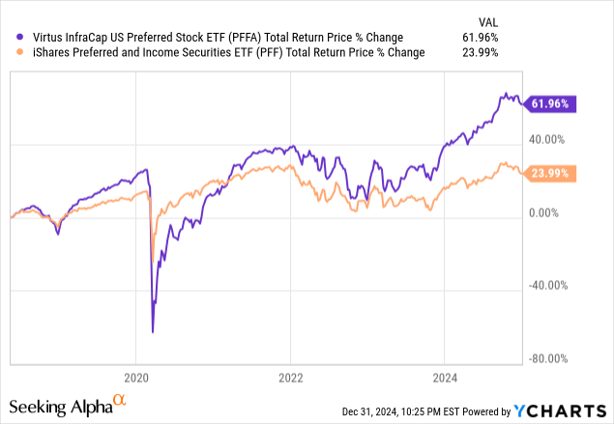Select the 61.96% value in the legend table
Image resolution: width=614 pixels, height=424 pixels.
click(x=479, y=38)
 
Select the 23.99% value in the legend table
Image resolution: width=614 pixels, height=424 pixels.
click(x=479, y=52)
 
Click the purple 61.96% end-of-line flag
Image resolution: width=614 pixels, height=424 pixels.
click(x=549, y=103)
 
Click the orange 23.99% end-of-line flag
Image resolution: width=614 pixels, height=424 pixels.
click(x=549, y=173)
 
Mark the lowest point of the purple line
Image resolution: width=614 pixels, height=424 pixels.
click(x=153, y=332)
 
